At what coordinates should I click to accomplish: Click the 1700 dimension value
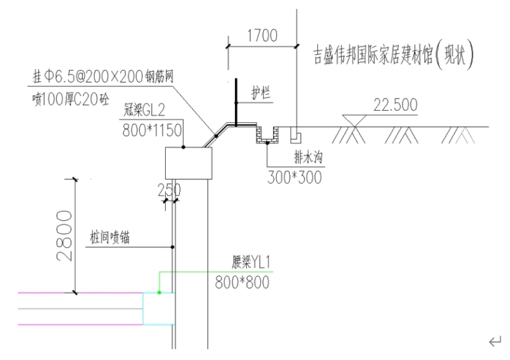click(262, 36)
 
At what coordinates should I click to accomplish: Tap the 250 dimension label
click(169, 191)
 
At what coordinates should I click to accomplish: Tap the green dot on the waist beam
click(159, 292)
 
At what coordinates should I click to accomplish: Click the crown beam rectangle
click(188, 163)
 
